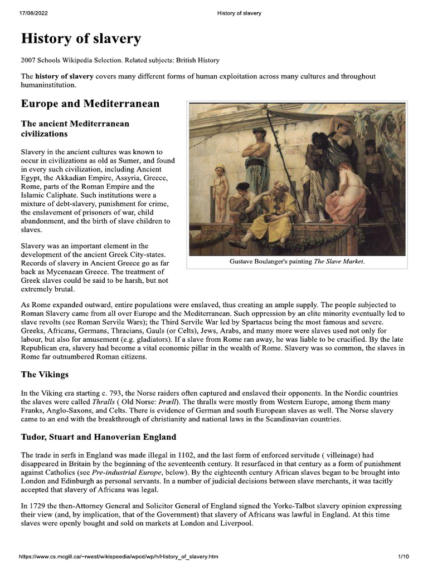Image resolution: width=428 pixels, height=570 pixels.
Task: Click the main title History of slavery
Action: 81,40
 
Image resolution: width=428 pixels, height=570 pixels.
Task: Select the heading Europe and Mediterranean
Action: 90,104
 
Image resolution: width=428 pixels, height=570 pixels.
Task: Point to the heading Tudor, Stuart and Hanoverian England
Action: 98,437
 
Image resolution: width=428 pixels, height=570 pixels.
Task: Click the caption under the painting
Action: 297,262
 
